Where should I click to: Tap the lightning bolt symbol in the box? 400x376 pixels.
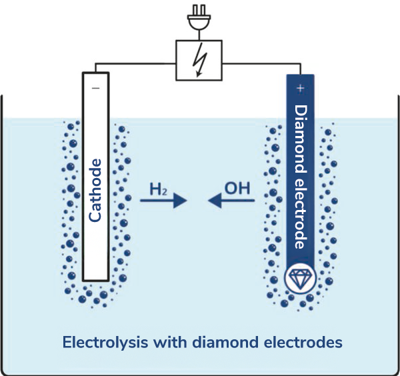click(201, 60)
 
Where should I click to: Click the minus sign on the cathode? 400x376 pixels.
click(96, 88)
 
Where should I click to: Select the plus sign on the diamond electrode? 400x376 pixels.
click(301, 88)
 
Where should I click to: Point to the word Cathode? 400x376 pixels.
click(95, 190)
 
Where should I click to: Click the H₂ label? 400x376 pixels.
click(158, 189)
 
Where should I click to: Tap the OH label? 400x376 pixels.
click(237, 188)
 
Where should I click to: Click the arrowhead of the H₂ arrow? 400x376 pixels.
click(181, 201)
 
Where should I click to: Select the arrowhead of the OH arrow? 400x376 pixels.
click(215, 200)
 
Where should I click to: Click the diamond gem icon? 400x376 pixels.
click(300, 278)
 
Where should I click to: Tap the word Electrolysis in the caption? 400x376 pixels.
click(105, 343)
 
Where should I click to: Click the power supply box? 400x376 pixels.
click(199, 60)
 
